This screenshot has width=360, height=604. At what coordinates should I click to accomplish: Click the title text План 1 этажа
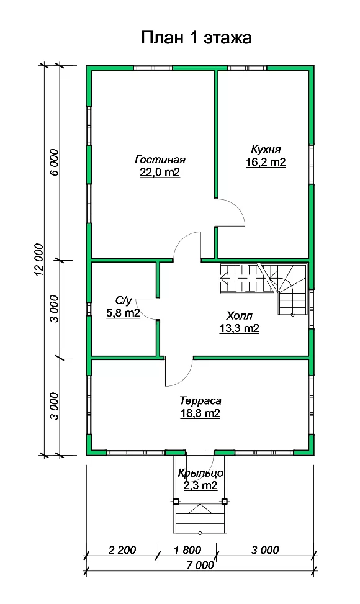[196, 38]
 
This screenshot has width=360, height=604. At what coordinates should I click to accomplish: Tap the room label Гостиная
[160, 159]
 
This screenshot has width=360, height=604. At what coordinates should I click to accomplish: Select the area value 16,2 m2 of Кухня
[266, 162]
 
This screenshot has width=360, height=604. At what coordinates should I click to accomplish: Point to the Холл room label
[239, 316]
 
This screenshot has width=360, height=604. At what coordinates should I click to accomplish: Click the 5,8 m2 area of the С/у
[123, 313]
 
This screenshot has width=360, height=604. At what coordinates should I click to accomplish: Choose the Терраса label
[200, 401]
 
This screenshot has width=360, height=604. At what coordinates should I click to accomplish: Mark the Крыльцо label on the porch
[200, 472]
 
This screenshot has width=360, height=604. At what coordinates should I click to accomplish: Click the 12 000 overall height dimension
[38, 260]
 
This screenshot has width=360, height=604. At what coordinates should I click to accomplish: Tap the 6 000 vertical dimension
[54, 162]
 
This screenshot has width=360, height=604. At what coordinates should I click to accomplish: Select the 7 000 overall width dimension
[200, 565]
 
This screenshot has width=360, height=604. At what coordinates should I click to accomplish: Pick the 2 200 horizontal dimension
[122, 550]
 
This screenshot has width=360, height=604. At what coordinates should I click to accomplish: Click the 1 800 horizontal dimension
[187, 550]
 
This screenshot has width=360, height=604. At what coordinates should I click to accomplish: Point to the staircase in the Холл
[264, 289]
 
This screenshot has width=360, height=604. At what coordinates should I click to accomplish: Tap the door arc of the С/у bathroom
[141, 309]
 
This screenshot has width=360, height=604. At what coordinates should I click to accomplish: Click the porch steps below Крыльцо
[200, 517]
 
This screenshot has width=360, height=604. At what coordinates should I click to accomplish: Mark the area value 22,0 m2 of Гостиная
[160, 172]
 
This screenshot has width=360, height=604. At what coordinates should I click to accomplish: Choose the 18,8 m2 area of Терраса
[200, 413]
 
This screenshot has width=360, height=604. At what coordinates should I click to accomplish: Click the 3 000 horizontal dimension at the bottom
[265, 550]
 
